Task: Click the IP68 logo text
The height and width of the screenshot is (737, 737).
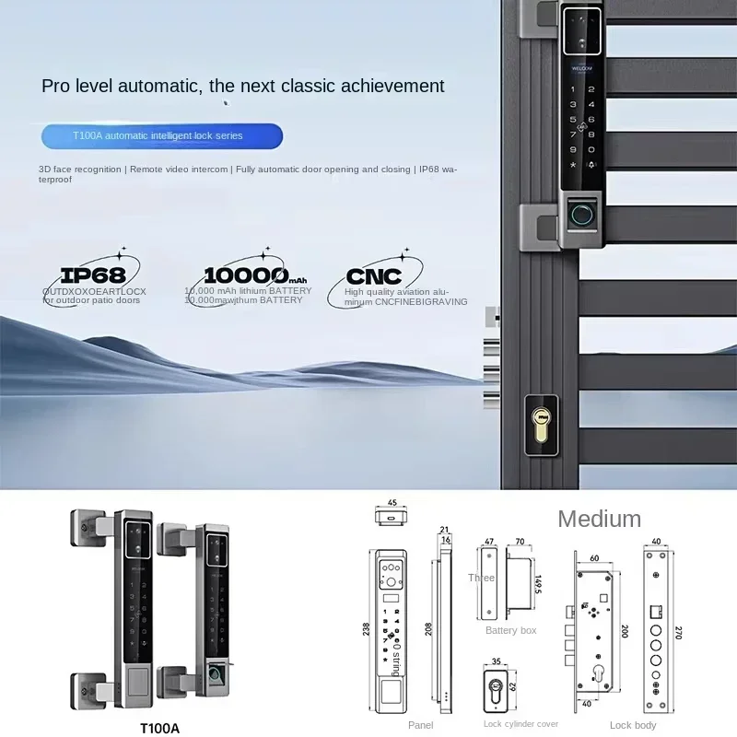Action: (92, 274)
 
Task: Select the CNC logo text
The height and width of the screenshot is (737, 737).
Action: (374, 276)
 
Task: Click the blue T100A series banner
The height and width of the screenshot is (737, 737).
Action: (161, 135)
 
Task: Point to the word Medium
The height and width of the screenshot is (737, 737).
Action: (599, 519)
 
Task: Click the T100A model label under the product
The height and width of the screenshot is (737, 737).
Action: (159, 728)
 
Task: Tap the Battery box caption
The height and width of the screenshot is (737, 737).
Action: (510, 630)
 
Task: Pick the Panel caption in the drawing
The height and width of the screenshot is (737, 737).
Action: (420, 726)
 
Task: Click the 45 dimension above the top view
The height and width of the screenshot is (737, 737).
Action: (392, 503)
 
